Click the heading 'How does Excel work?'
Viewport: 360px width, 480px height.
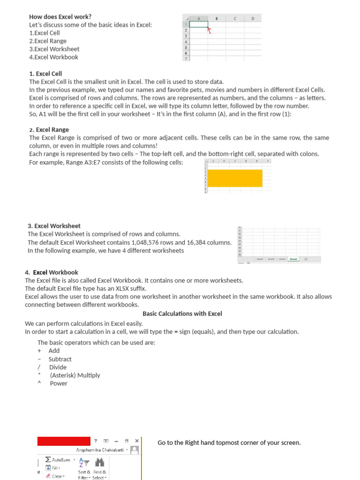pos(60,16)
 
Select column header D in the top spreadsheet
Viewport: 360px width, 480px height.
pos(253,19)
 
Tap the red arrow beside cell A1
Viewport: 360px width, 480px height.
pos(210,30)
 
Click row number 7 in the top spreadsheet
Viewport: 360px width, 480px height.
pos(186,59)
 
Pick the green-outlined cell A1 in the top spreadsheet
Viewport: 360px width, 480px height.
pos(199,24)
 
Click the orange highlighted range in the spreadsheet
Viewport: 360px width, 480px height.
pos(234,178)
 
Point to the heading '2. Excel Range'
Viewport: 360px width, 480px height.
pos(49,129)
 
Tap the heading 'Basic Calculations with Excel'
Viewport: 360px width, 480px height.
pos(182,314)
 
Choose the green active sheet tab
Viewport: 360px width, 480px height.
pos(293,259)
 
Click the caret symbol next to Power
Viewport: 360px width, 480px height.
pos(39,383)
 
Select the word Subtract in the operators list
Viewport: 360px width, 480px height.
pos(60,359)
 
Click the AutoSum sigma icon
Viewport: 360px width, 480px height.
pos(48,460)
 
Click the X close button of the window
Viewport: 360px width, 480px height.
pos(136,441)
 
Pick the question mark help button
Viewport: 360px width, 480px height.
pos(96,441)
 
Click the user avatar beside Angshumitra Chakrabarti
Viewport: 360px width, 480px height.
pos(135,450)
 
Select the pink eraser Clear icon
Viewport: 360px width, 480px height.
pos(48,476)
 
